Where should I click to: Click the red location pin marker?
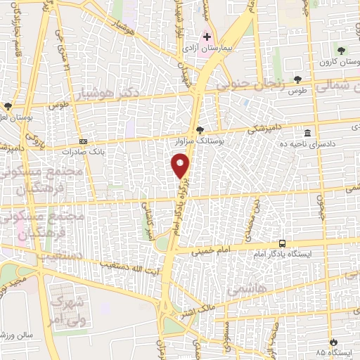pos(181,165)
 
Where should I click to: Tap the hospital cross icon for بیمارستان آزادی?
pos(207,36)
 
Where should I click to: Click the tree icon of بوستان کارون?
pos(342,51)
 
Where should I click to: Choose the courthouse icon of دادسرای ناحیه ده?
pos(307,133)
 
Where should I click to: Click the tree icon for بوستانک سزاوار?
pos(200,130)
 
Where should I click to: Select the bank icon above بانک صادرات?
pos(83,141)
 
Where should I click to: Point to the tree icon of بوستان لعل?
pos(8,106)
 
